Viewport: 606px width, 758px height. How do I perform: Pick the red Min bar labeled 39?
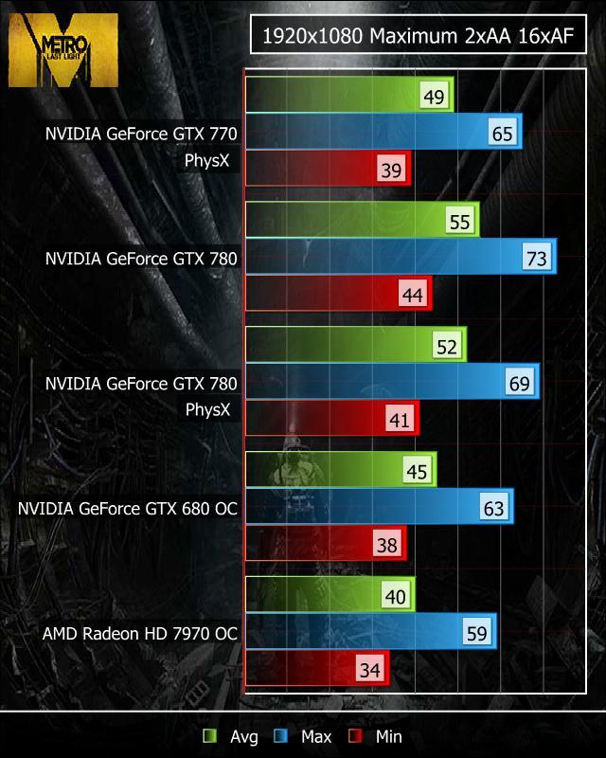coord(322,170)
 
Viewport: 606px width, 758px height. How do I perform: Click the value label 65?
coord(503,134)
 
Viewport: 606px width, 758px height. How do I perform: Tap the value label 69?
coord(520,383)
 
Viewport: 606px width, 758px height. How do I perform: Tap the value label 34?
coord(370,670)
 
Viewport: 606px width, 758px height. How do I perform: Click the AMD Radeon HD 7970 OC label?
coord(139,632)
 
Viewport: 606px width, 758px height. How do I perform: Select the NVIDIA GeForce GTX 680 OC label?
coord(128,508)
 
